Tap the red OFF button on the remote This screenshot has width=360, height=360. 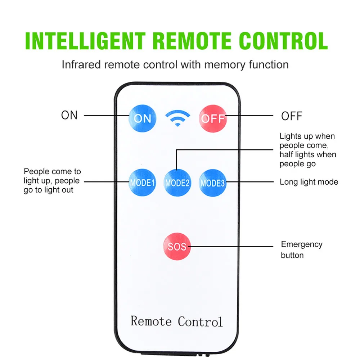213,118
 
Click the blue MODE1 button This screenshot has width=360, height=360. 143,183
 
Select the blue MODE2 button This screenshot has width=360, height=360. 177,183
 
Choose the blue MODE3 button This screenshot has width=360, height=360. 212,183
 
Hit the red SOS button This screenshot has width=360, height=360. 177,246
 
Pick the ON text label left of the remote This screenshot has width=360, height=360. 69,115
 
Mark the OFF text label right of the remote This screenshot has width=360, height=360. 292,116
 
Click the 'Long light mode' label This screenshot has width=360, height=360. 309,182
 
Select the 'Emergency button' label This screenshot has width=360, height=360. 301,249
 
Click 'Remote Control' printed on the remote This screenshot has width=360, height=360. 176,321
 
